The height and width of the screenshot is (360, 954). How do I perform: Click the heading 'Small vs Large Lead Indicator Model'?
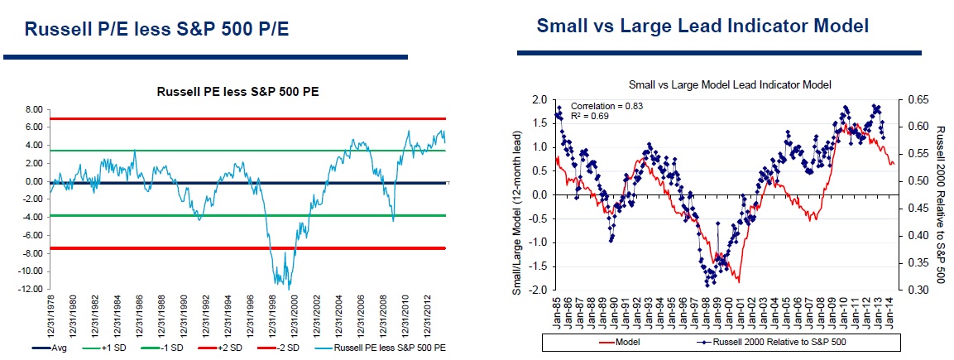[x=702, y=26]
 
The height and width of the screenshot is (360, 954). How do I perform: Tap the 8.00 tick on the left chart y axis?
[x=32, y=109]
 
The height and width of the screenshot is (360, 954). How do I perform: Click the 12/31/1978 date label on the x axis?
[x=50, y=319]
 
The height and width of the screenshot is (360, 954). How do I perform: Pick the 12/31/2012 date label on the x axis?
[x=427, y=319]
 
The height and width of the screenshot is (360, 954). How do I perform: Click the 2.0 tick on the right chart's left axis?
[x=539, y=99]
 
